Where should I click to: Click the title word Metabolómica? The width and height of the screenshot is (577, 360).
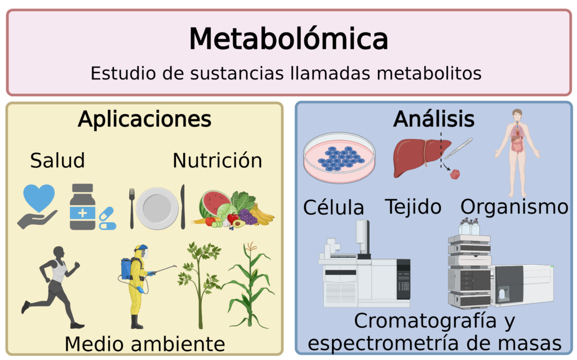point(288,39)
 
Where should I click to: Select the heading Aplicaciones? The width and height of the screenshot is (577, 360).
point(145,119)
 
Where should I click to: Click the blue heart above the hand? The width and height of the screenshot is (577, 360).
point(39,198)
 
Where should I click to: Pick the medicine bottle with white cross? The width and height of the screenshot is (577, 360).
point(82,207)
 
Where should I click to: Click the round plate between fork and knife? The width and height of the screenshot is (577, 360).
point(157,208)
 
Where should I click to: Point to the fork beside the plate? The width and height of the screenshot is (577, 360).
point(131,208)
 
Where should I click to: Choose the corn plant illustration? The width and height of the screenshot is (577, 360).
point(249,285)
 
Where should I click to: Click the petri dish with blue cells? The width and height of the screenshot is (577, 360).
point(339,158)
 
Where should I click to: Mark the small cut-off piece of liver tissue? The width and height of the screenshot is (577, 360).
point(455,174)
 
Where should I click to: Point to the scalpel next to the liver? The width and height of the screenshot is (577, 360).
point(458,148)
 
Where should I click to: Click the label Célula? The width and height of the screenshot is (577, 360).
point(334,207)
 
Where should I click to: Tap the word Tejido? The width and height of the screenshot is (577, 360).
point(413,207)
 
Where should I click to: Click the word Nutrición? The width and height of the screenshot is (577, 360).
point(218,161)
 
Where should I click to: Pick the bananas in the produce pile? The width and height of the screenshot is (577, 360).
point(262,215)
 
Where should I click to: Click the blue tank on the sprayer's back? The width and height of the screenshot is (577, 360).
point(126,269)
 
